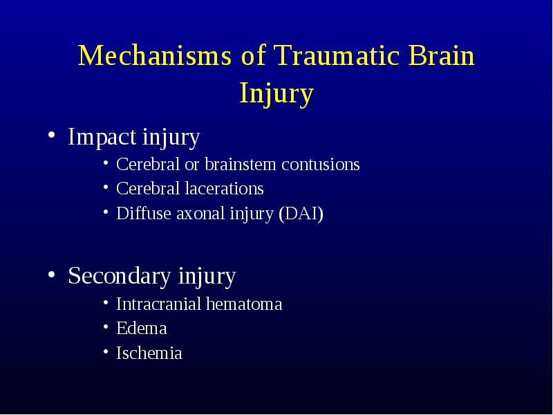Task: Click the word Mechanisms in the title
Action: (x=154, y=55)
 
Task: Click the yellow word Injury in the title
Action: (x=276, y=93)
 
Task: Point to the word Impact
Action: (x=102, y=138)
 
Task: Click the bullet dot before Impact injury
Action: (x=51, y=135)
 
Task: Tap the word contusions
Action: (x=321, y=165)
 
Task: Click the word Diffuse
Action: (x=144, y=214)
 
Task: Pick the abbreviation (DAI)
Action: (x=301, y=214)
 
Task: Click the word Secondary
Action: (x=120, y=275)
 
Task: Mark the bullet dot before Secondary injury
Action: (x=51, y=274)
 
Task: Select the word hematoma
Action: (x=244, y=304)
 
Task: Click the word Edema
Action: (x=142, y=328)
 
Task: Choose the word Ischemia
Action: (x=149, y=353)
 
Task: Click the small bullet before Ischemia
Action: (x=106, y=351)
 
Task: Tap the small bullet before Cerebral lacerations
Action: (x=106, y=187)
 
